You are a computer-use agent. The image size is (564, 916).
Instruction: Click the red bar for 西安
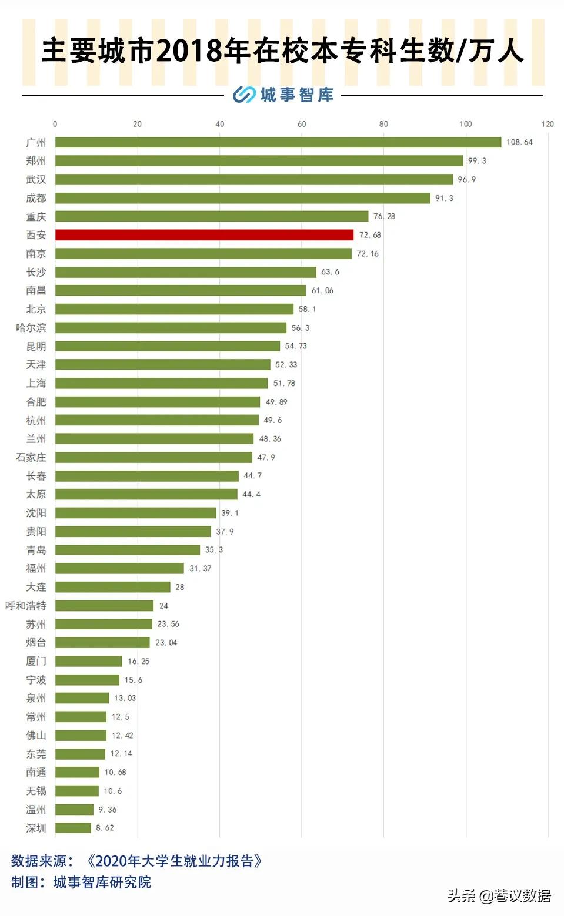(204, 235)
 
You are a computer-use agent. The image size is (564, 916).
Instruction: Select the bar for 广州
(278, 142)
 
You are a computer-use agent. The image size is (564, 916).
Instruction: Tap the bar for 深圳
(73, 828)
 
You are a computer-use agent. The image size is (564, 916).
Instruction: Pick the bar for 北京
(174, 309)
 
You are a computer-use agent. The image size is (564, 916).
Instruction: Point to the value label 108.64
(519, 142)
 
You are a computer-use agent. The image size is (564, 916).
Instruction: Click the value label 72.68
(370, 235)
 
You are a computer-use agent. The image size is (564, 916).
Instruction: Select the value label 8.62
(105, 828)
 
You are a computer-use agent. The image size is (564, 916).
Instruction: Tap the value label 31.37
(200, 568)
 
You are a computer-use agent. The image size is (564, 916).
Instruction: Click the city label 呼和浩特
(26, 606)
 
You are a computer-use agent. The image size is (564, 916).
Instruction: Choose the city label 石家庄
(31, 457)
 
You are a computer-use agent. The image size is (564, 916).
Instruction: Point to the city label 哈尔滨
(31, 328)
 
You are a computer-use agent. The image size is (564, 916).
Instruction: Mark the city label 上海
(36, 383)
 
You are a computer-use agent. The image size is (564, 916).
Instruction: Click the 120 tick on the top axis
(548, 124)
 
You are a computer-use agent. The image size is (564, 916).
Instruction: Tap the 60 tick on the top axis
(302, 124)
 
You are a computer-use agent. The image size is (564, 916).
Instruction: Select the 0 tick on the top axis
(55, 124)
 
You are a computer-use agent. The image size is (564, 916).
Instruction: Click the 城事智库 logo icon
(243, 95)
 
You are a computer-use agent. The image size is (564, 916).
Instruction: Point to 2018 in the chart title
(189, 51)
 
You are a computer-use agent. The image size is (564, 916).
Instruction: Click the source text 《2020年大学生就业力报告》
(174, 861)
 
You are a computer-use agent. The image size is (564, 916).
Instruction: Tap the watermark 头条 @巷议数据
(499, 895)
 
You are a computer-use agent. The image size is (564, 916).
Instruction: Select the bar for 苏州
(104, 624)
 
